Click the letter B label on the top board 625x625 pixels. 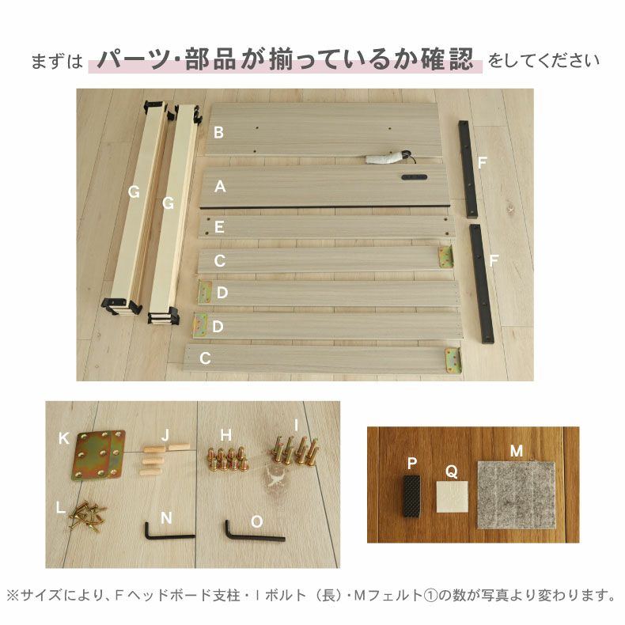point(218,132)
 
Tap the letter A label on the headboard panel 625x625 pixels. point(221,187)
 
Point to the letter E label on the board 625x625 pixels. point(219,227)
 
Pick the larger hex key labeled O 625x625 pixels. point(252,532)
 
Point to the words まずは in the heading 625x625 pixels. point(57,61)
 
